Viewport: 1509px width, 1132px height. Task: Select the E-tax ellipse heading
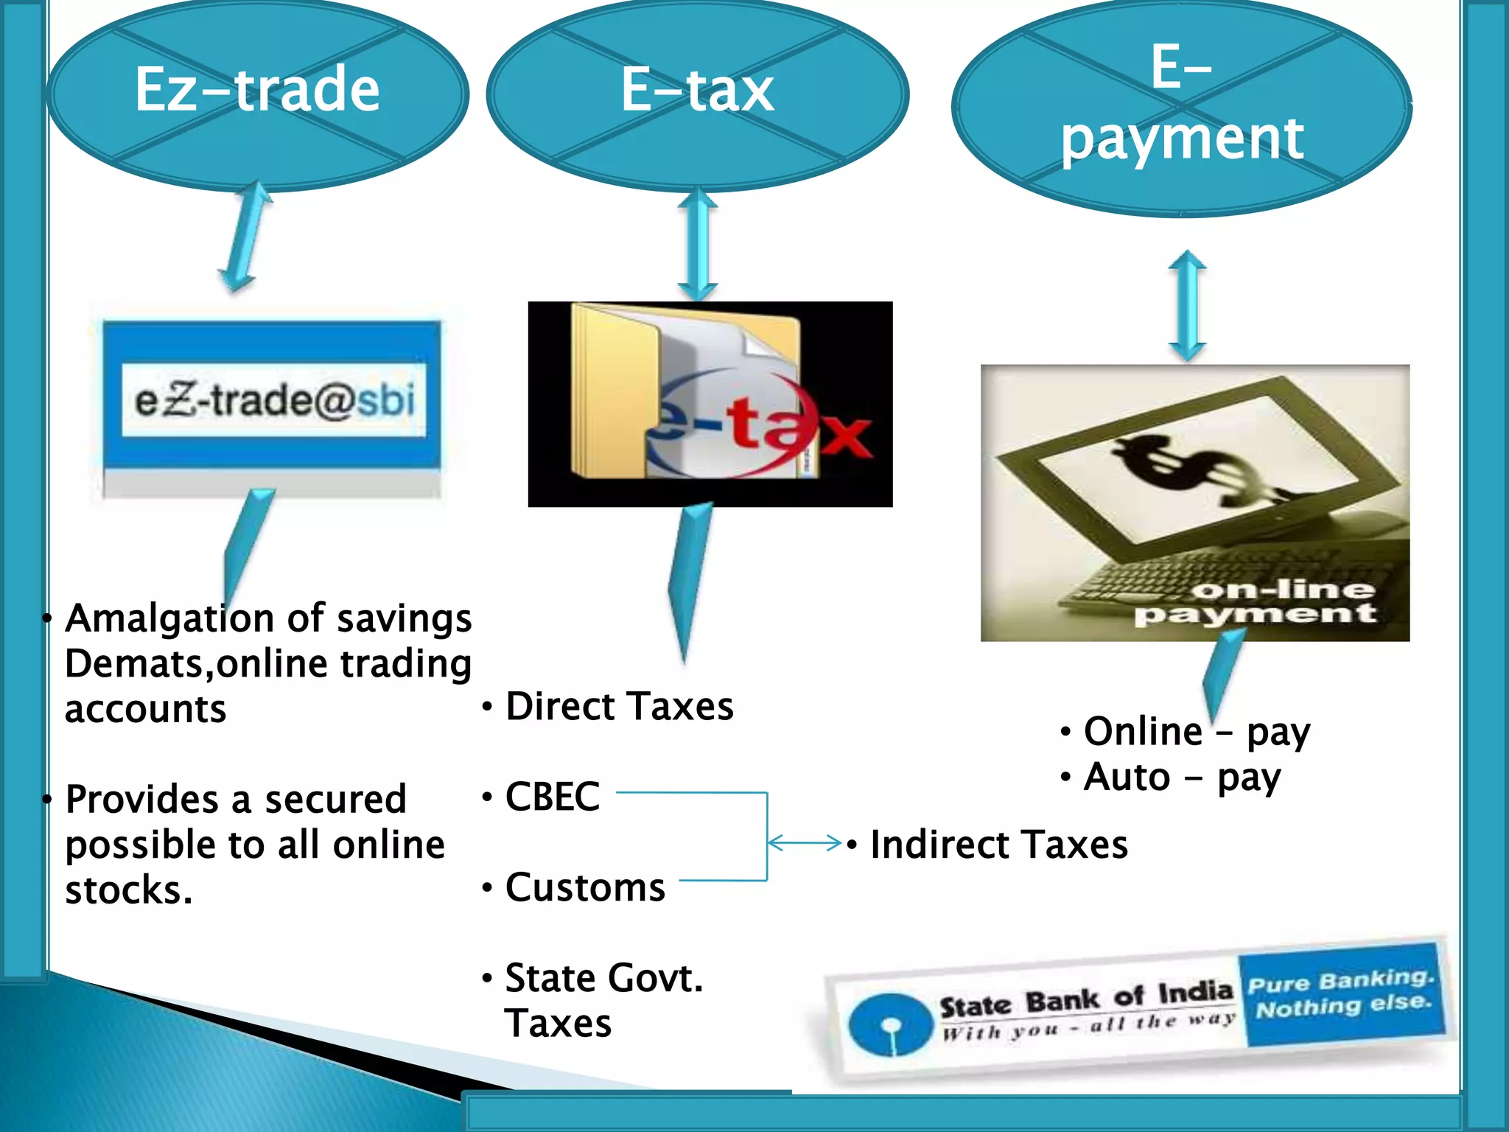pos(697,91)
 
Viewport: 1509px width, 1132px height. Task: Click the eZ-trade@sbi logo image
pos(273,402)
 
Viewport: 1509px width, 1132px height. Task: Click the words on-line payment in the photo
pos(1256,601)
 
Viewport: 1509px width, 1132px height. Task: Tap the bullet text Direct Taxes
pos(619,706)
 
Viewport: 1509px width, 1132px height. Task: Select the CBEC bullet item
pos(552,797)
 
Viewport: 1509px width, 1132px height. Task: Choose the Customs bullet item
pos(585,887)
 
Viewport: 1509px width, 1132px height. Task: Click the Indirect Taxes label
pos(998,845)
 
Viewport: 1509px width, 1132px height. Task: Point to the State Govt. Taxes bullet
pos(603,1000)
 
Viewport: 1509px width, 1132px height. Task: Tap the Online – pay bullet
pos(1197,732)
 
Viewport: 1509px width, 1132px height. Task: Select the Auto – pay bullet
pos(1182,778)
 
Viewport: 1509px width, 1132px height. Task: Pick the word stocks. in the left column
pos(129,890)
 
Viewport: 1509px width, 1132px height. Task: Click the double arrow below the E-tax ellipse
pos(697,245)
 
